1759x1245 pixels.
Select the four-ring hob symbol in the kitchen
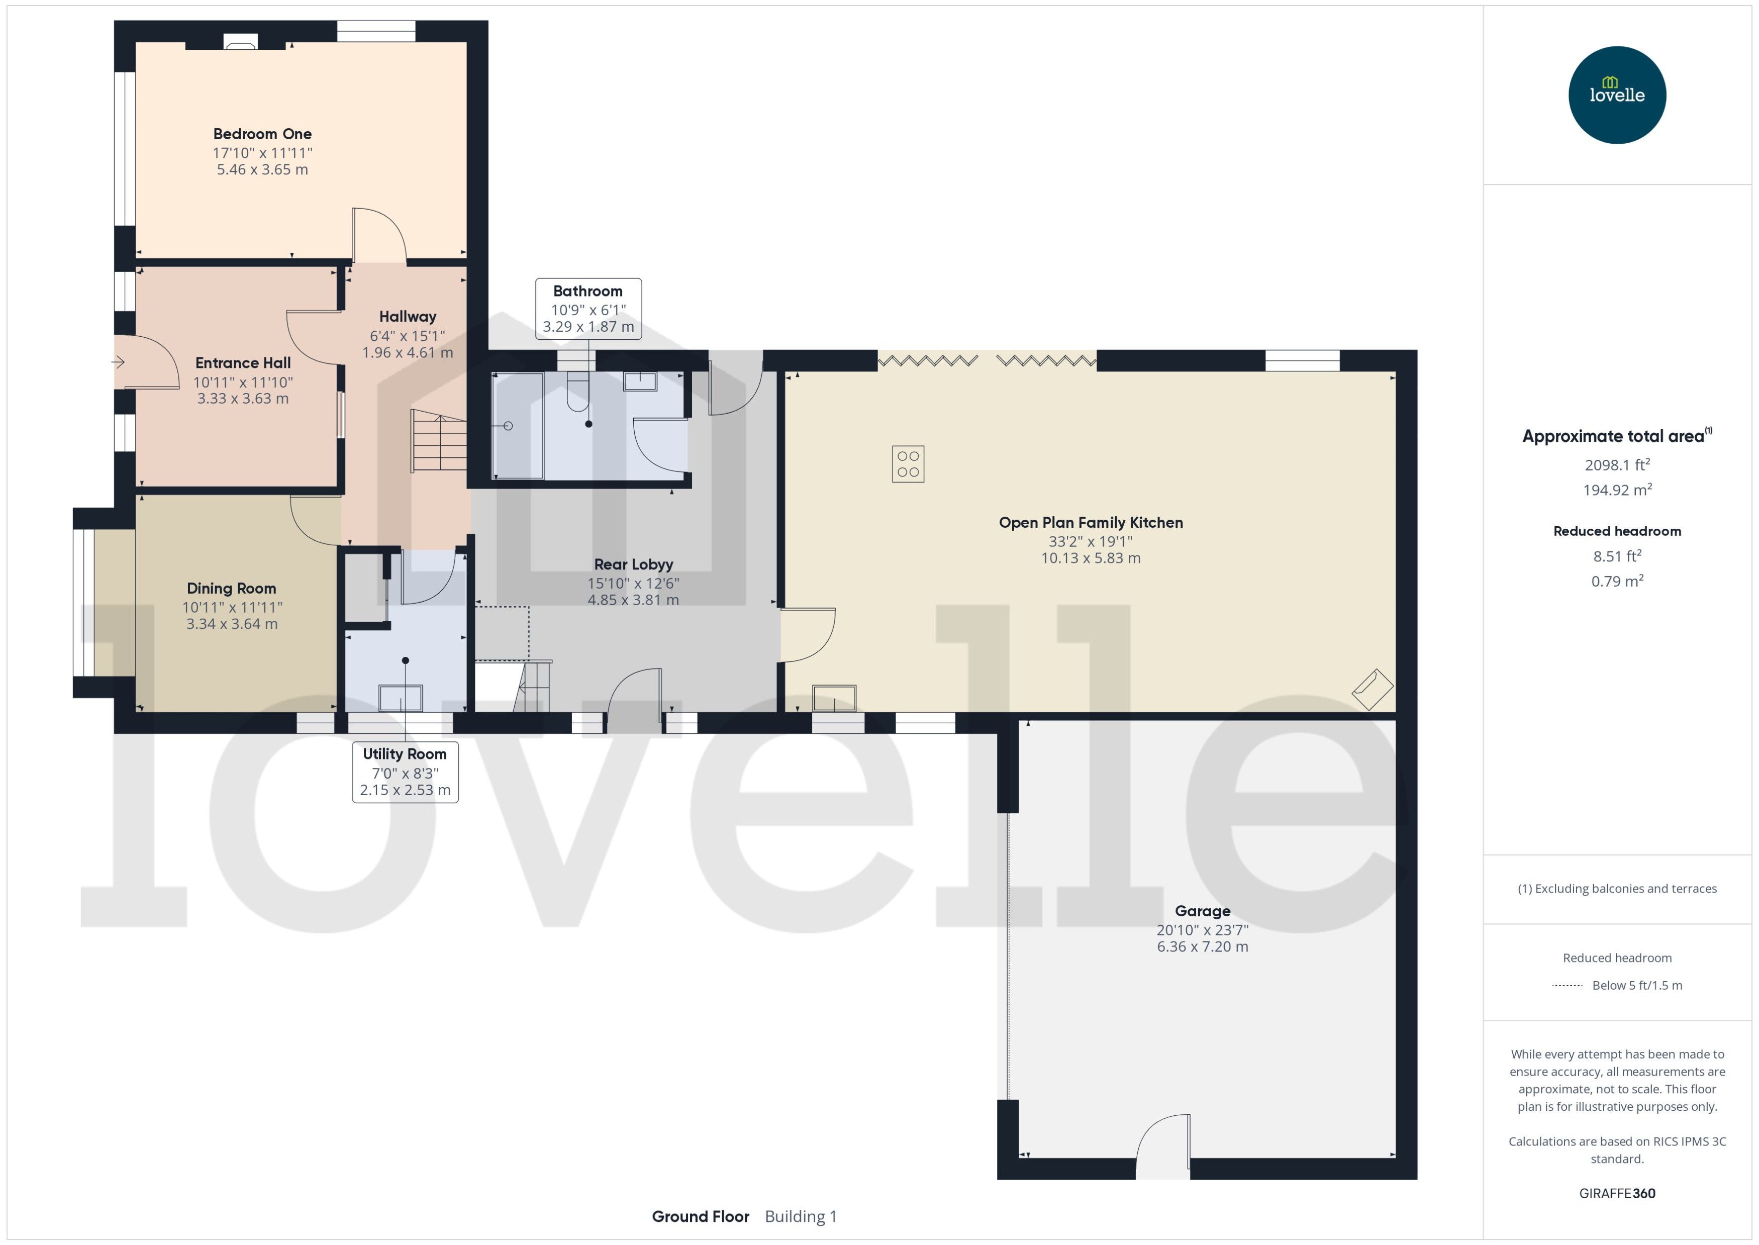[908, 464]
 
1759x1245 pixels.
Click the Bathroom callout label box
[588, 308]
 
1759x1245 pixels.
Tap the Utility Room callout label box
[405, 771]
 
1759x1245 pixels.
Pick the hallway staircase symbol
[438, 441]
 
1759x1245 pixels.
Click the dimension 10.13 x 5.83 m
[1090, 558]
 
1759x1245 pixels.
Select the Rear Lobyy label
[633, 564]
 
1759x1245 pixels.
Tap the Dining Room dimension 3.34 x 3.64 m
[232, 624]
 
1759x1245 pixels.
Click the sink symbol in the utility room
[400, 698]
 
